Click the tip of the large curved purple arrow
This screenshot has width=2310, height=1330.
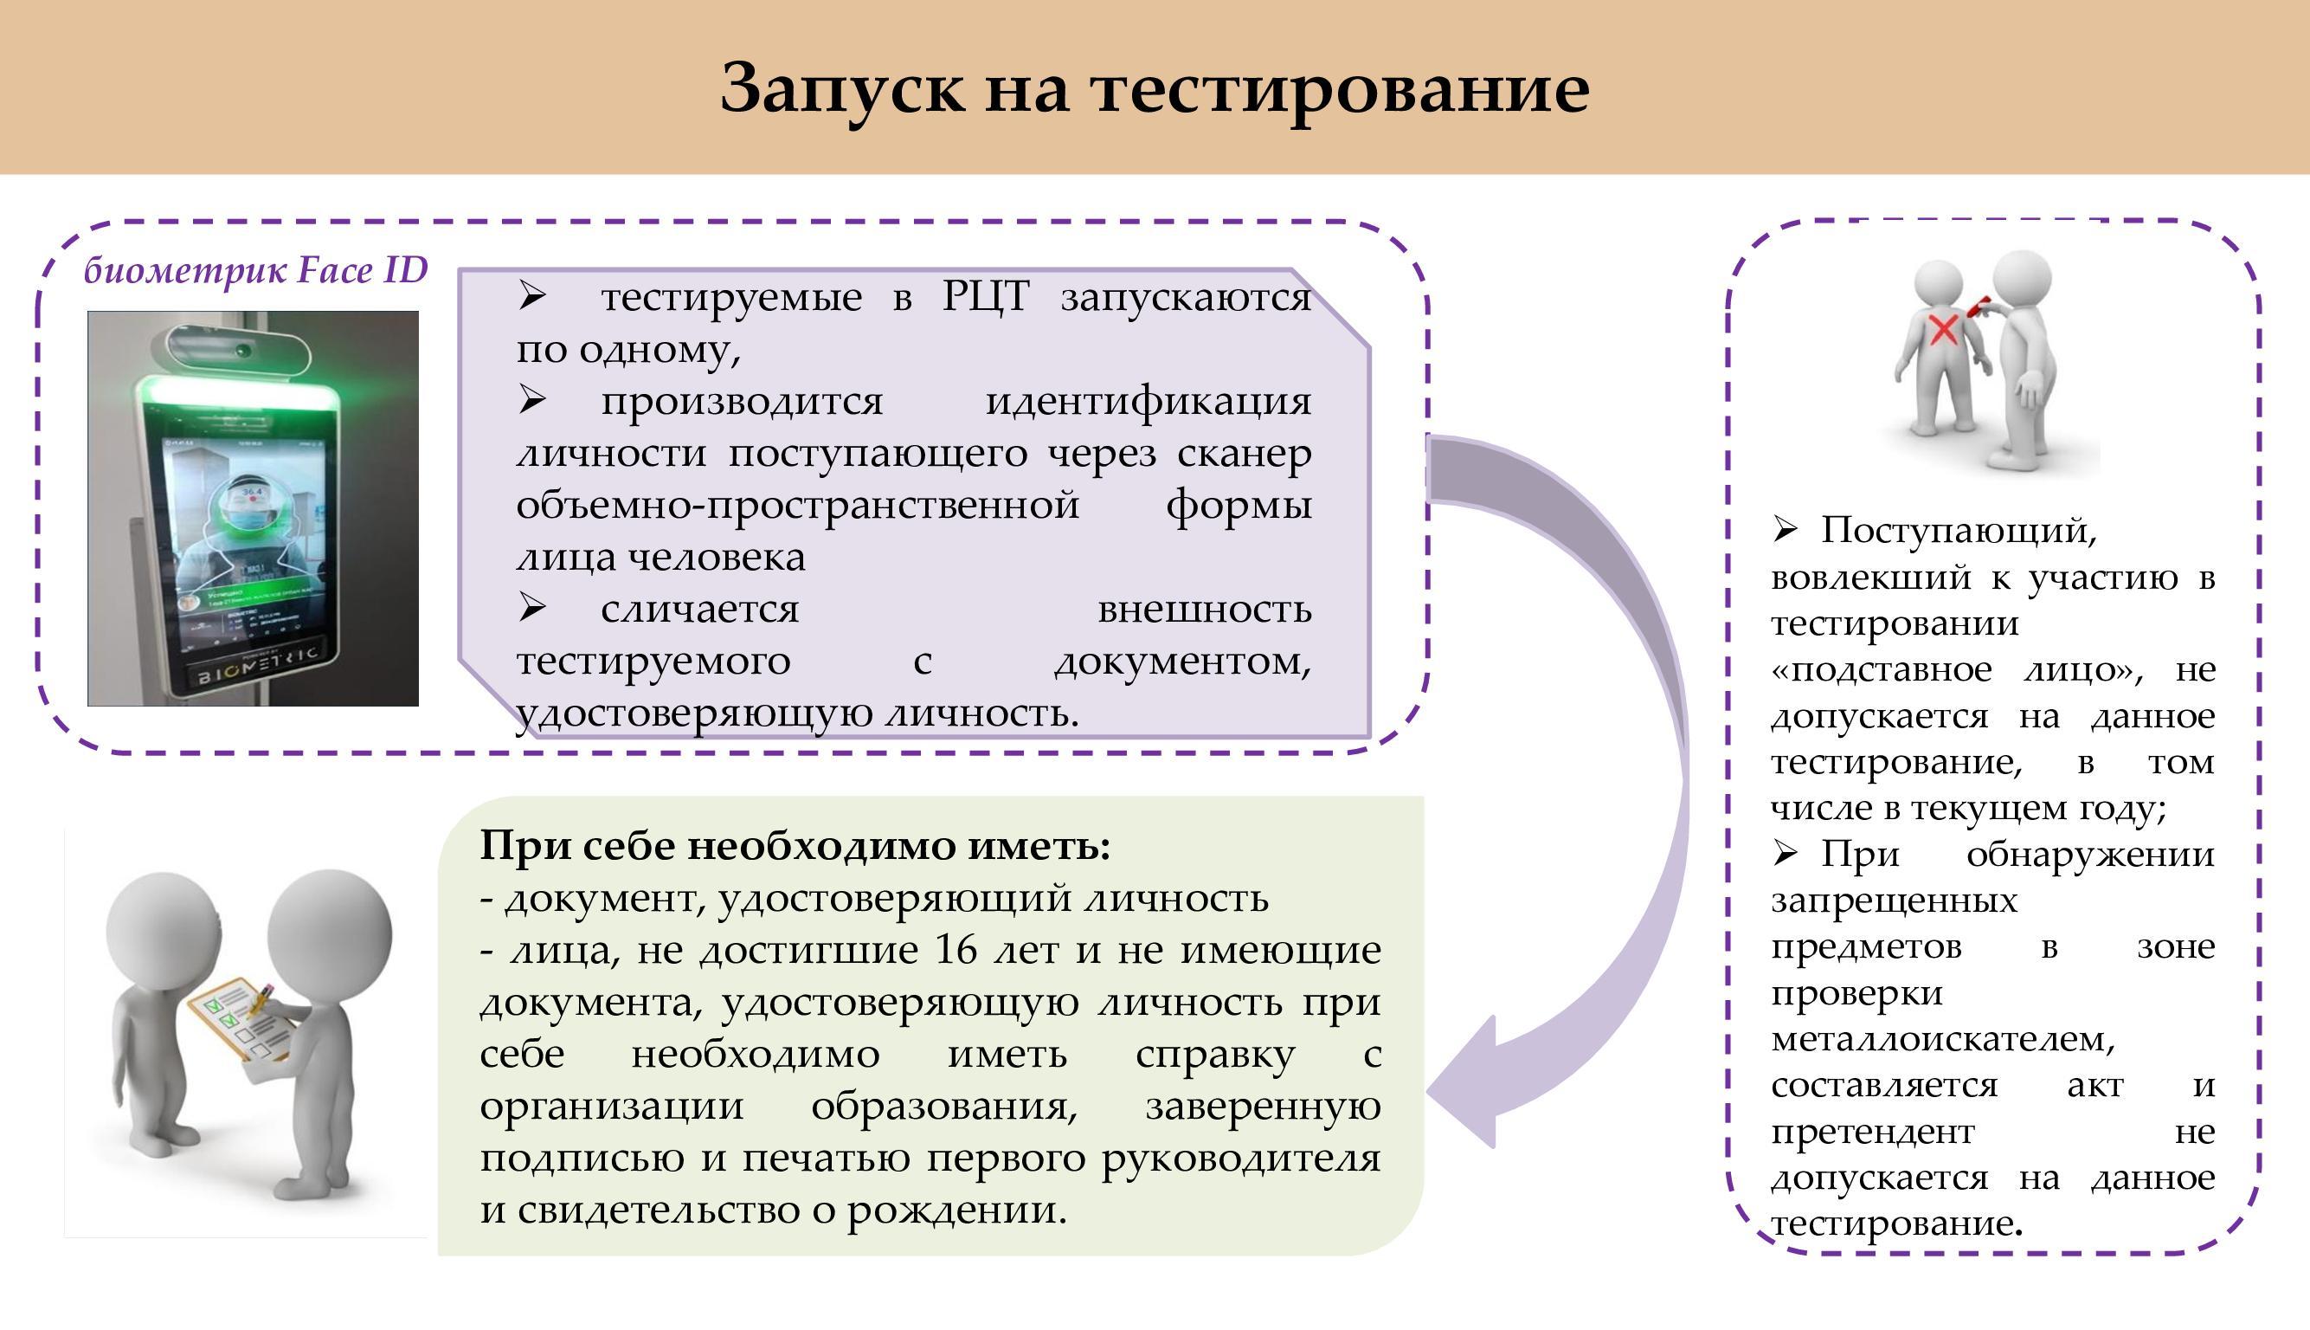point(1427,1091)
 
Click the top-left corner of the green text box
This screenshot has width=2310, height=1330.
point(439,797)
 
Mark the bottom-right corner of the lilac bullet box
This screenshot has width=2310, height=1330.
point(1369,736)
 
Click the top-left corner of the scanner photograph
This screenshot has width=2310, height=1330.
point(88,312)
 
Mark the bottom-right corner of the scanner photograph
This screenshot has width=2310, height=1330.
point(418,705)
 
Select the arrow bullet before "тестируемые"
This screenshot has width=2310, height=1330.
point(532,295)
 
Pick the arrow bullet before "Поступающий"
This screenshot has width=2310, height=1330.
point(1785,528)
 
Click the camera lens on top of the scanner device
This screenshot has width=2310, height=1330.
point(243,350)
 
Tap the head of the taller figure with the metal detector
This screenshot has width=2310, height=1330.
point(2022,283)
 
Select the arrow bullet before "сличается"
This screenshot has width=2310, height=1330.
point(532,608)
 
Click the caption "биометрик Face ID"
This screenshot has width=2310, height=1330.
point(255,270)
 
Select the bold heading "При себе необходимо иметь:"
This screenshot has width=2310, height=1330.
point(795,846)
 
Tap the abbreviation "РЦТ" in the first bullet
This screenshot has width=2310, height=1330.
point(985,296)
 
